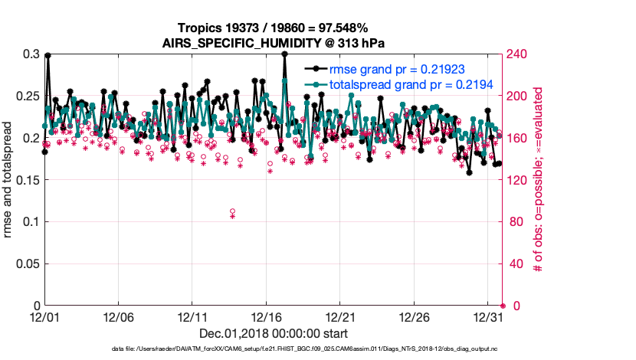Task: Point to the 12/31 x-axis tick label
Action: tap(488, 316)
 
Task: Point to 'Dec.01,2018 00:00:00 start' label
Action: tap(274, 333)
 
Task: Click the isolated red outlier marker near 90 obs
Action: tap(232, 212)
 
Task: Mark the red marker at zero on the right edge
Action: tap(503, 306)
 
